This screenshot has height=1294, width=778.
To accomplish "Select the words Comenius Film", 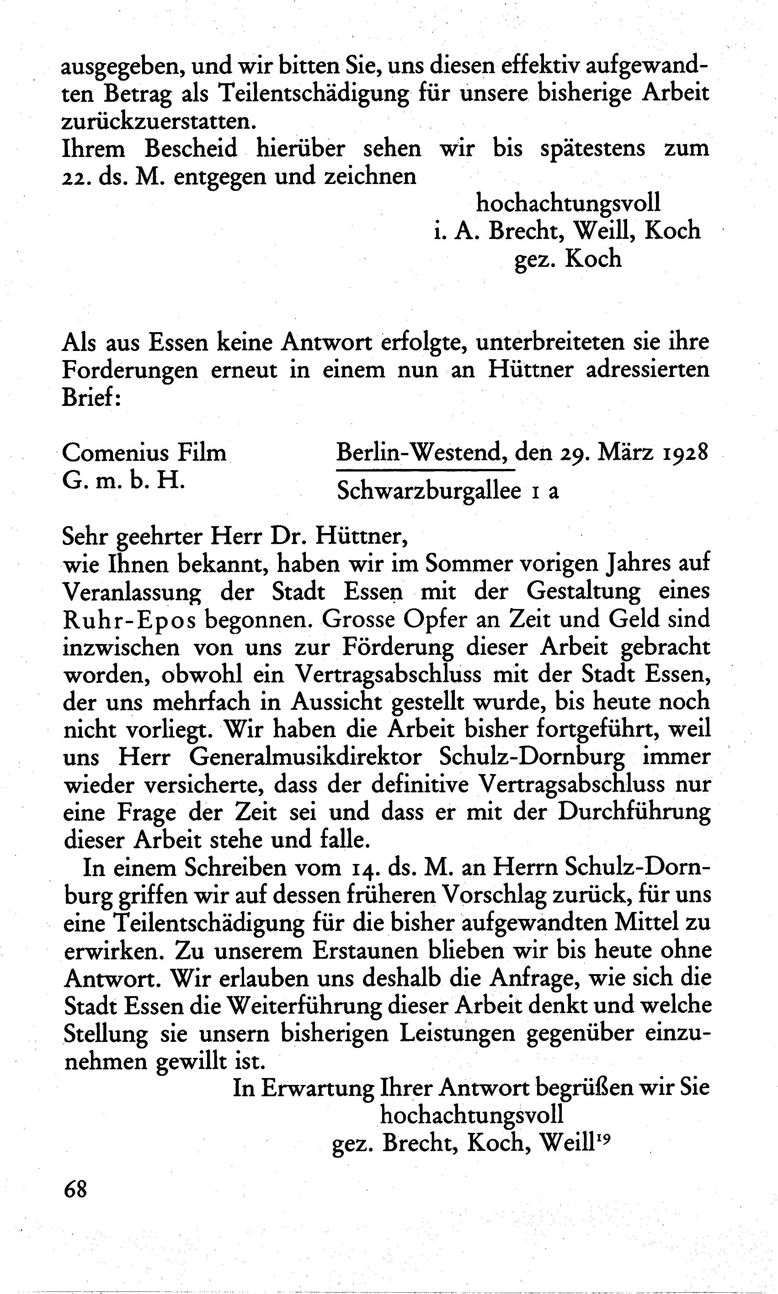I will (x=144, y=452).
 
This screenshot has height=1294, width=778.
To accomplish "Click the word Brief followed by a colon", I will (x=92, y=398).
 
